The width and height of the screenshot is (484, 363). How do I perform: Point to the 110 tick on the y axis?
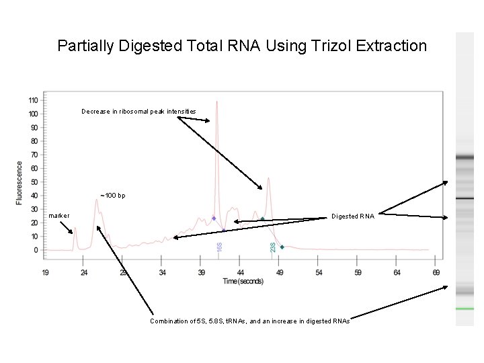pos(33,100)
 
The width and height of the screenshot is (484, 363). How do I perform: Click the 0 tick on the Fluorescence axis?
pos(35,250)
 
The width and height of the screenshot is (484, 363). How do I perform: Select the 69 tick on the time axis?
pos(436,273)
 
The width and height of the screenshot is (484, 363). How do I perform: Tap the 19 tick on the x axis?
pos(45,273)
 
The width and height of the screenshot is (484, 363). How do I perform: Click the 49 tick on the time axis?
pos(280,273)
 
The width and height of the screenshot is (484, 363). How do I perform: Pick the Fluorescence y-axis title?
pos(19,182)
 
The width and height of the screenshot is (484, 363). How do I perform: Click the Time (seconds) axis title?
pos(243,281)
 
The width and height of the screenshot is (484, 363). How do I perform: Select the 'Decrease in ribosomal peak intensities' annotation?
pos(138,111)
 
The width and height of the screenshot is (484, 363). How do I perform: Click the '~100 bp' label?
pos(112,196)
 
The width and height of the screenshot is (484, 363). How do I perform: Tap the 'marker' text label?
pos(59,216)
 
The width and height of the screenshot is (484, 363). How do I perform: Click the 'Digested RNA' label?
pos(353,216)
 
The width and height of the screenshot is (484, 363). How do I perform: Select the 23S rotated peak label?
pos(272,247)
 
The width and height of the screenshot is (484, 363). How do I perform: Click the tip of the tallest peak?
pos(216,102)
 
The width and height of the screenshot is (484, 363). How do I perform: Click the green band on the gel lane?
pos(465,309)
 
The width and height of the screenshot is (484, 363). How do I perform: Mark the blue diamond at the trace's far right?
pos(282,247)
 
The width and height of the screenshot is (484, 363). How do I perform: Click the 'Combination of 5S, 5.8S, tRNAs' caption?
pos(249,321)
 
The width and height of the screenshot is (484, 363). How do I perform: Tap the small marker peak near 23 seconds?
pos(75,228)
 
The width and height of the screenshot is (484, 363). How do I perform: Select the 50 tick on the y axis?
pos(34,182)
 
